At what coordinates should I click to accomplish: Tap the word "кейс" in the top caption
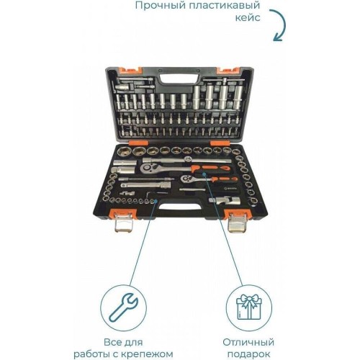point(248,18)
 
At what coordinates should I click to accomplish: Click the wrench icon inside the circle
point(124,307)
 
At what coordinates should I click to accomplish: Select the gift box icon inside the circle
point(248,307)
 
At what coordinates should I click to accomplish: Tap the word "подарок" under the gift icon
point(248,354)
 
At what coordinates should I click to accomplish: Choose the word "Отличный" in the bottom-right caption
point(248,342)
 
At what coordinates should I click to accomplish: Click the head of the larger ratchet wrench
point(147,168)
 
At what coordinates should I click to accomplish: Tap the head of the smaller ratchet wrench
point(186,179)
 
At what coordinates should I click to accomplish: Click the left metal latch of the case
point(123,222)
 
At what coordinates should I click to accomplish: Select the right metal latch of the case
point(236,223)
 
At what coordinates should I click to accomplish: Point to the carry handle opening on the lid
point(179,78)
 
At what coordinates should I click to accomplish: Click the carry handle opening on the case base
point(180,207)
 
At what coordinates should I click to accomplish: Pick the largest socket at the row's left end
point(122,151)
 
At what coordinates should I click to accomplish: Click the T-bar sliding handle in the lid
point(224,80)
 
